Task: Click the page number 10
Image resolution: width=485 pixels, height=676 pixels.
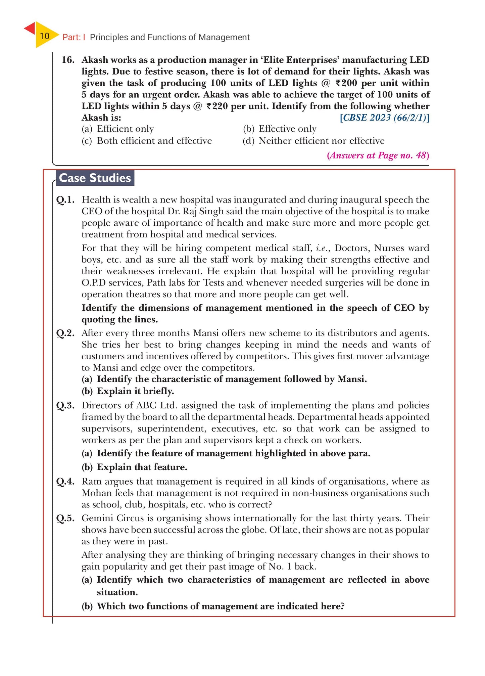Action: click(44, 36)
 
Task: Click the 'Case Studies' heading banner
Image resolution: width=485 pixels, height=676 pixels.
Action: click(95, 178)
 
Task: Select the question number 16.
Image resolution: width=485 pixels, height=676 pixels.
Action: click(68, 60)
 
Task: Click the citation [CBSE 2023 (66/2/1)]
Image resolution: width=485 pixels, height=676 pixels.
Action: click(385, 118)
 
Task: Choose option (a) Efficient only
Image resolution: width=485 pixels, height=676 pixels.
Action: click(118, 129)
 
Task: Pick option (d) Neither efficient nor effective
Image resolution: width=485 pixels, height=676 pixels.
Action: click(313, 141)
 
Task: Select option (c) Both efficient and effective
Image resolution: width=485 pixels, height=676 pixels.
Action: click(147, 141)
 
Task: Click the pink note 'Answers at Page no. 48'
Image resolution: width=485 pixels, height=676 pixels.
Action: click(378, 155)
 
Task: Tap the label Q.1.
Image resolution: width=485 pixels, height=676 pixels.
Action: click(65, 200)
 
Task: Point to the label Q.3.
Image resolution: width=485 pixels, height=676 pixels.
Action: click(65, 405)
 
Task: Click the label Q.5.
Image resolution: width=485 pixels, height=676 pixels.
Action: click(65, 518)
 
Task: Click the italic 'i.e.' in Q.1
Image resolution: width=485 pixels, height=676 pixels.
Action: click(323, 248)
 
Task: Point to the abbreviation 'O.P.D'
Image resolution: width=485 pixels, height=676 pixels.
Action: click(94, 283)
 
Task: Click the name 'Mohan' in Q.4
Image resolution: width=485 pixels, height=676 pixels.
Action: click(97, 493)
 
